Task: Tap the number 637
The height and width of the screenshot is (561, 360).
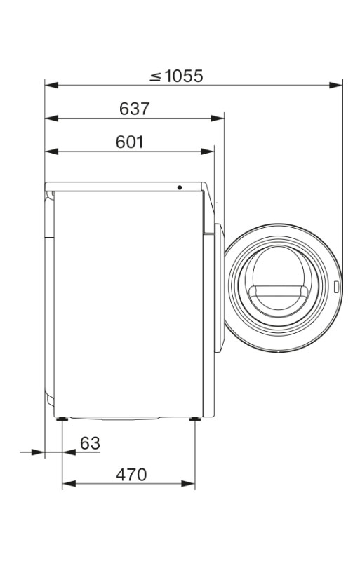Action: tap(134, 109)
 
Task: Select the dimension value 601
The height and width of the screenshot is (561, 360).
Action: tap(129, 142)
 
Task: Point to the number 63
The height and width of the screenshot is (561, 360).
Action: tap(90, 443)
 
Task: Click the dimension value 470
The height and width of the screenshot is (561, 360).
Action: tap(131, 475)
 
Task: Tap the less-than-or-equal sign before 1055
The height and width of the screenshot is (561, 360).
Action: tap(156, 76)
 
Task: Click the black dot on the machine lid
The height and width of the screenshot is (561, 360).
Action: tap(180, 187)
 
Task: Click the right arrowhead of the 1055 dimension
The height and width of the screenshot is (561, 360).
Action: tap(335, 85)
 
